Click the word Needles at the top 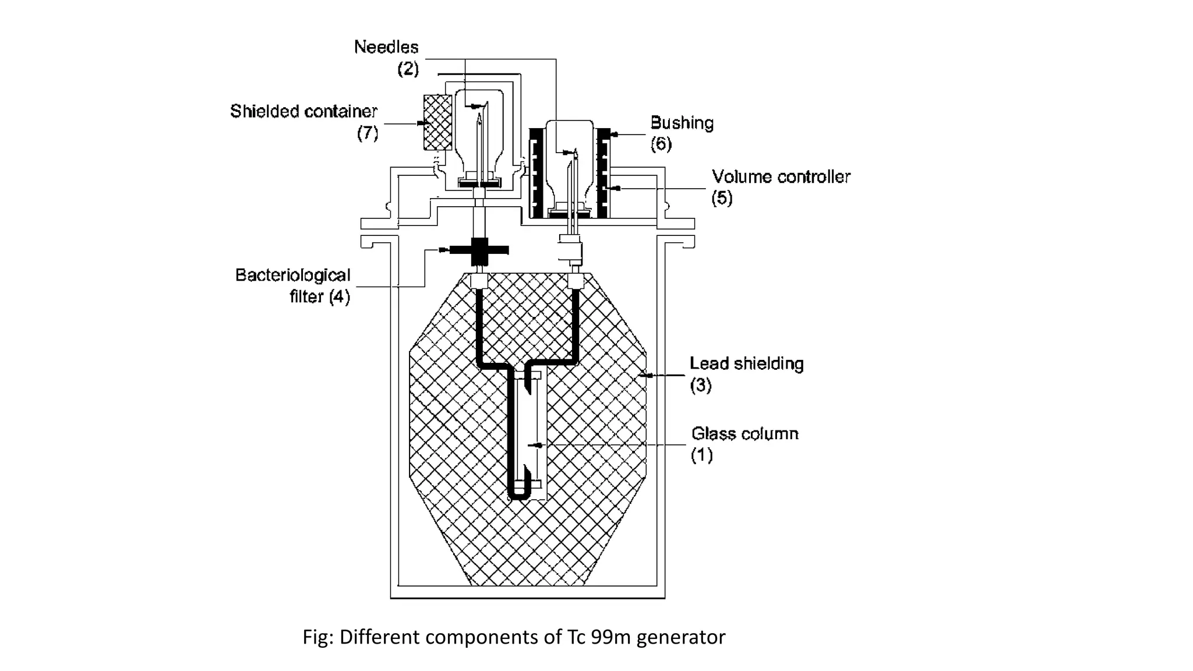click(386, 47)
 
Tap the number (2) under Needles click(408, 69)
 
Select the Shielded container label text click(303, 111)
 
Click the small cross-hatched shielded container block click(437, 122)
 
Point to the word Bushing click(682, 123)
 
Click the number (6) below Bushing click(661, 144)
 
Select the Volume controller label click(781, 176)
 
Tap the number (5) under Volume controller click(721, 198)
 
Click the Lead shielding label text click(746, 363)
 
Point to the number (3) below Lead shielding click(700, 385)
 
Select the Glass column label click(744, 433)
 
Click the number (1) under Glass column click(701, 455)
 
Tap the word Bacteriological click(292, 275)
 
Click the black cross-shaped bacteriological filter click(479, 250)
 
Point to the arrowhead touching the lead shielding click(642, 376)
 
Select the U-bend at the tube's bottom click(518, 495)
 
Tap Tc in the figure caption click(576, 637)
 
